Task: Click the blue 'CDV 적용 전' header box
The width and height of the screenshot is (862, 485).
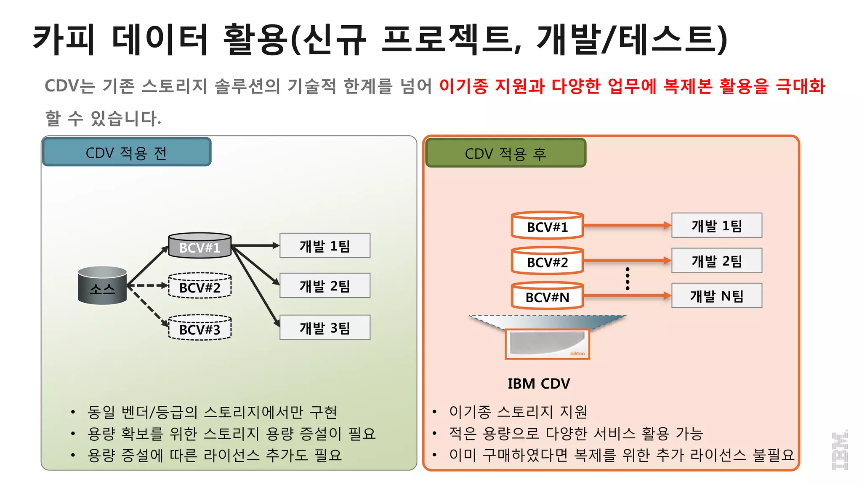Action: [127, 152]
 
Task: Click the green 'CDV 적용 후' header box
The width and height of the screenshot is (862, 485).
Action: [505, 153]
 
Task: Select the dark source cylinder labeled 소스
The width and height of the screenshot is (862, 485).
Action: [102, 286]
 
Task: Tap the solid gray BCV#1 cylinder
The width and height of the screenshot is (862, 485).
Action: [200, 246]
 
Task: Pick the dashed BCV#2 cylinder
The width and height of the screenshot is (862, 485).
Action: [200, 286]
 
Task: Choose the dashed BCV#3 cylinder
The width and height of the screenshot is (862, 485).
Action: [200, 328]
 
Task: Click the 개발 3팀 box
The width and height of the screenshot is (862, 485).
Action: [325, 328]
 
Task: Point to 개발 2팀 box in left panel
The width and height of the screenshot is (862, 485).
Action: [325, 286]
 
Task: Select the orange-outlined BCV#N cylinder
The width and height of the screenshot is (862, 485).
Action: [547, 296]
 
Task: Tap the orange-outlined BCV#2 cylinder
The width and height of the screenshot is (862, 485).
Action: [547, 261]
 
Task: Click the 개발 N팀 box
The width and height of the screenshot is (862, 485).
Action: [716, 296]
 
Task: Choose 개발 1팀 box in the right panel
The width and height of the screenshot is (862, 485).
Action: [716, 226]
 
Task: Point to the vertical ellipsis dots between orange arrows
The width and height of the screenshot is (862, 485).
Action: [628, 278]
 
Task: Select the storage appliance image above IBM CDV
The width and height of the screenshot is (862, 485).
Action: [547, 344]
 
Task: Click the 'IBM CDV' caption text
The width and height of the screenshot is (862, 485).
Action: [539, 384]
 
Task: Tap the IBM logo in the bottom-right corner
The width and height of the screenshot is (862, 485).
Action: [840, 450]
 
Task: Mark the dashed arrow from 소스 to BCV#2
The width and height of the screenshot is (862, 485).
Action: [147, 285]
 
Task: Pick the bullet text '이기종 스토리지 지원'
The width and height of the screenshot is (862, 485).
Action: [518, 411]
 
